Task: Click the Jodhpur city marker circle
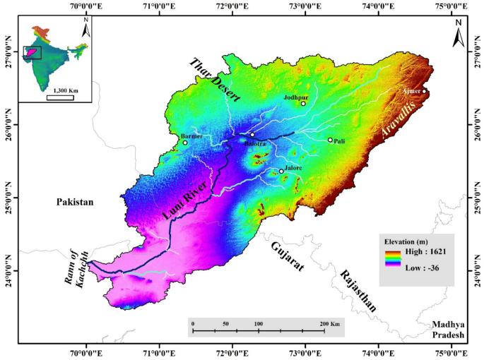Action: click(303, 104)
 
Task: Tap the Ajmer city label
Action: click(411, 92)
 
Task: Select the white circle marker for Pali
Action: click(330, 140)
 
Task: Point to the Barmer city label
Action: click(192, 136)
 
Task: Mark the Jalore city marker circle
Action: click(281, 171)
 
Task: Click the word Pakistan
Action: click(75, 202)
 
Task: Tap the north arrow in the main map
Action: click(458, 33)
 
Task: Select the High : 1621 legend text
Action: click(424, 251)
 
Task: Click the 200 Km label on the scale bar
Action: click(329, 323)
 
